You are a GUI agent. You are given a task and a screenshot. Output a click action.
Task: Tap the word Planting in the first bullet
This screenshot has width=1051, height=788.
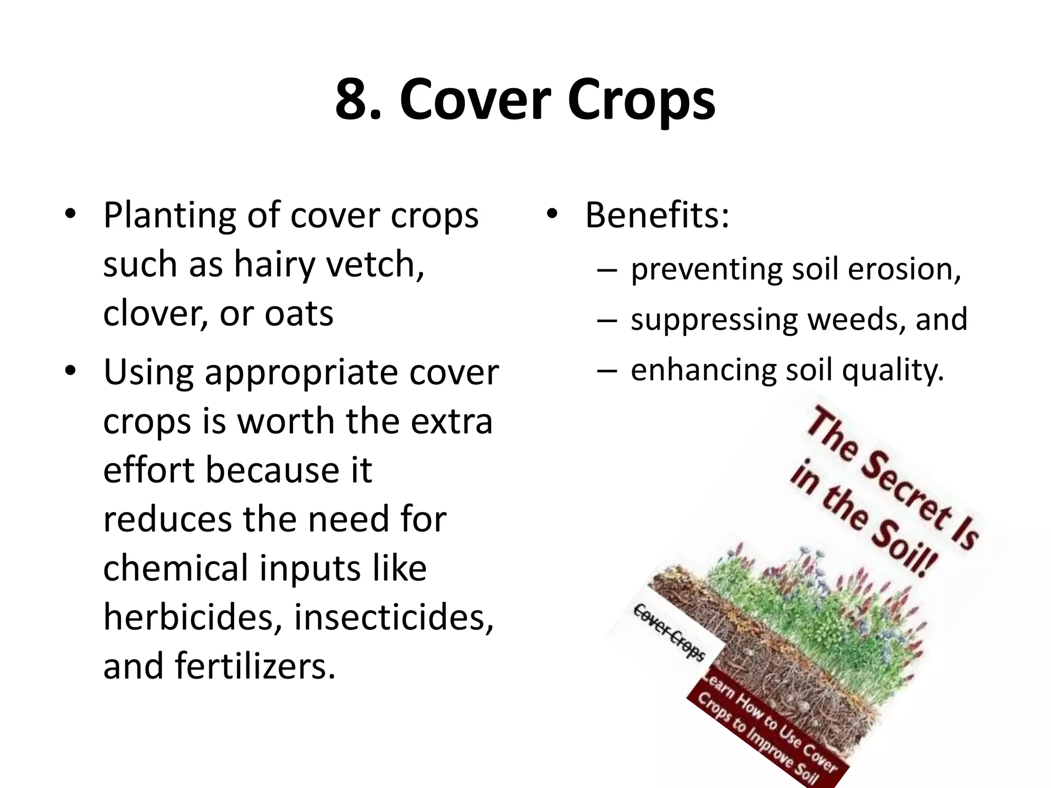pos(170,216)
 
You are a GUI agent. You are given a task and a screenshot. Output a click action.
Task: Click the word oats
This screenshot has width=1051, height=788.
pos(299,314)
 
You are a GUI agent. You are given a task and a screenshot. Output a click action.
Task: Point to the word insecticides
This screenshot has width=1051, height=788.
pos(394,617)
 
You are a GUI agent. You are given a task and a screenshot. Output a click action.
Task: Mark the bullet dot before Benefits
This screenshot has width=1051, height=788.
pos(552,214)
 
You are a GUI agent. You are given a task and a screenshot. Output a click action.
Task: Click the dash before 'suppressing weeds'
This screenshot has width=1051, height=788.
pos(606,320)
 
